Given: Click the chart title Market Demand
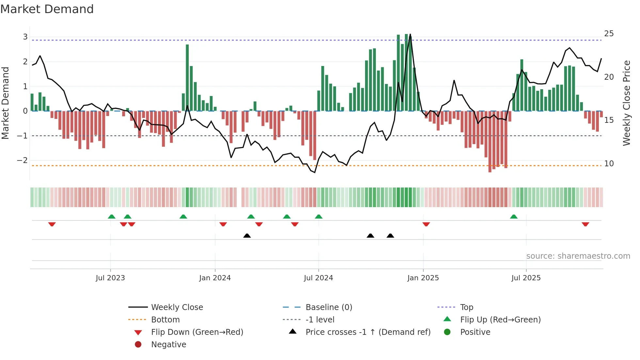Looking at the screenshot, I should [x=47, y=9].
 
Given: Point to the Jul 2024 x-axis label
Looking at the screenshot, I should [x=318, y=278].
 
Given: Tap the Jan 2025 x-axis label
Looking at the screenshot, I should [x=423, y=278].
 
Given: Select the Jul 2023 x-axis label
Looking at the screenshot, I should [x=110, y=278].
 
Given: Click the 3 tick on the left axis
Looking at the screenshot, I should [x=25, y=37].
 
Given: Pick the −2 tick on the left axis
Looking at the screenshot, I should [x=22, y=160].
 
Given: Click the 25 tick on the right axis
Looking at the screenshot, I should [x=609, y=34].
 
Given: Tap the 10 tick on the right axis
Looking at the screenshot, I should [x=609, y=164].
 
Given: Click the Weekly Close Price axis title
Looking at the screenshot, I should [x=626, y=103].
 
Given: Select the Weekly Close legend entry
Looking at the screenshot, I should [x=177, y=307].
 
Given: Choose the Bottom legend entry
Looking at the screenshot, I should [x=165, y=320].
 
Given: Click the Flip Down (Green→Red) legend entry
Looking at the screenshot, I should [x=197, y=332].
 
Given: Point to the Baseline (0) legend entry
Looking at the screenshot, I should [x=328, y=307].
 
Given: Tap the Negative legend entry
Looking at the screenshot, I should [x=168, y=345].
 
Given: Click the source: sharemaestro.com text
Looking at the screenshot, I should [x=578, y=256].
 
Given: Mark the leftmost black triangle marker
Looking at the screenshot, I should [x=247, y=236].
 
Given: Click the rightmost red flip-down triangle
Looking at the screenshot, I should [x=585, y=224].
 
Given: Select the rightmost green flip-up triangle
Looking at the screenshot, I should [x=514, y=217].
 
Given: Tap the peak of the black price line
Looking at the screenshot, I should [x=410, y=34].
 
